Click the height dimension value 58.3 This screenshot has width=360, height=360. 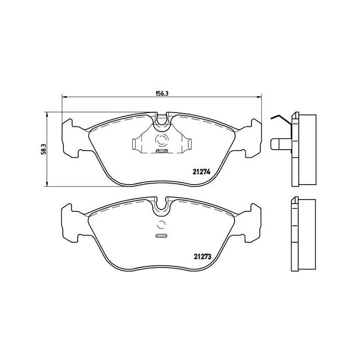tap(44, 149)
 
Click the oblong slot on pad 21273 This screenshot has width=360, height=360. tap(161, 236)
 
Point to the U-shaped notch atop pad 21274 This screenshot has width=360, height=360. tap(162, 121)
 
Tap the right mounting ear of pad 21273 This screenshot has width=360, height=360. tap(254, 221)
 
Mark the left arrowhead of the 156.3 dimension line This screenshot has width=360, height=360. tap(64, 97)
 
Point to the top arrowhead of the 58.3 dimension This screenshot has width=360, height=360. tap(47, 114)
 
